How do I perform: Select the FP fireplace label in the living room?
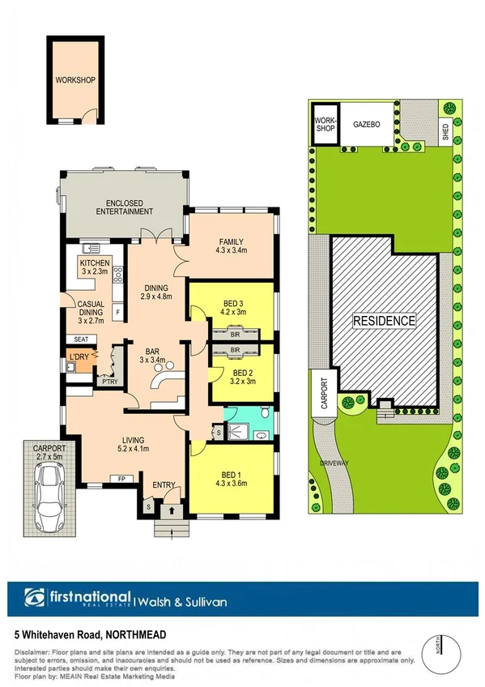tap(121, 479)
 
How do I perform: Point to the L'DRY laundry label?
tap(79, 357)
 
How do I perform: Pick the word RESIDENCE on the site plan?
tap(384, 322)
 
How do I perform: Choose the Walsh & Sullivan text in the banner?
tap(183, 601)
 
